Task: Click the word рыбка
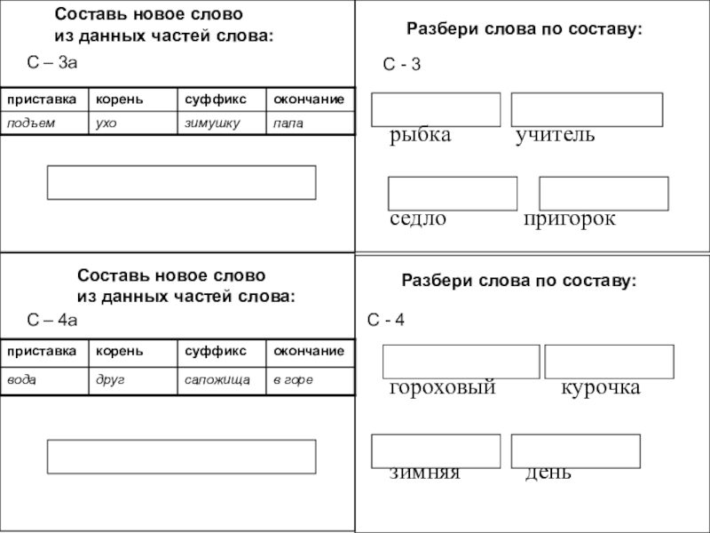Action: [420, 136]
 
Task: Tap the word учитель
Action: [556, 136]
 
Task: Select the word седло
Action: [418, 219]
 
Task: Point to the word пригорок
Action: [569, 219]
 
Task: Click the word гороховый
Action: [442, 389]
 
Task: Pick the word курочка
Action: [600, 389]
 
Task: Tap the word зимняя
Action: [424, 473]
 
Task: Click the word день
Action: [548, 473]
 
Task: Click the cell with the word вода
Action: [43, 379]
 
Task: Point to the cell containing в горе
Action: [311, 379]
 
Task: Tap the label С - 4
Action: [387, 320]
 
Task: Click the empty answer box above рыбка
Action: [436, 109]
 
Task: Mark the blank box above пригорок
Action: [603, 194]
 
